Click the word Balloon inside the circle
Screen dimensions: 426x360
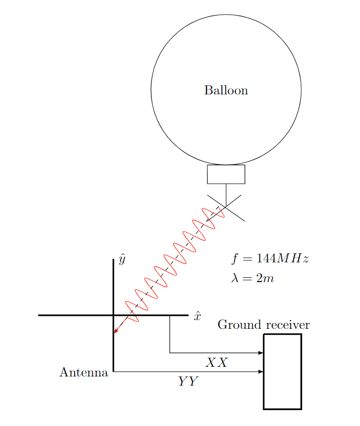click(x=226, y=90)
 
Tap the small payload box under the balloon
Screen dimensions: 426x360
click(x=226, y=174)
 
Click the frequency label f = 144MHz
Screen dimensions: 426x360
click(x=270, y=258)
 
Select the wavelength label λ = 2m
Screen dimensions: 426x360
click(x=253, y=278)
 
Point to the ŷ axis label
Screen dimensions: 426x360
click(x=122, y=260)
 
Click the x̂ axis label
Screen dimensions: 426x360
click(x=197, y=316)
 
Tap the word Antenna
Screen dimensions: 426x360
click(x=84, y=373)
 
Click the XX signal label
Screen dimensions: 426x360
click(x=216, y=362)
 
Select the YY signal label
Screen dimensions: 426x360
click(x=188, y=382)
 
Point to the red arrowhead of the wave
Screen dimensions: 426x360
click(x=116, y=331)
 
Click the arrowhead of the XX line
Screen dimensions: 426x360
click(x=261, y=353)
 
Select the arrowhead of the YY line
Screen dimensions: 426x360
click(x=261, y=372)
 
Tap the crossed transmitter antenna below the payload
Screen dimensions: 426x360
click(x=226, y=207)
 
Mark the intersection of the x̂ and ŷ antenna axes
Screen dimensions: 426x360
click(x=113, y=315)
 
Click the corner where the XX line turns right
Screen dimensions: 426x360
click(x=170, y=353)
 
